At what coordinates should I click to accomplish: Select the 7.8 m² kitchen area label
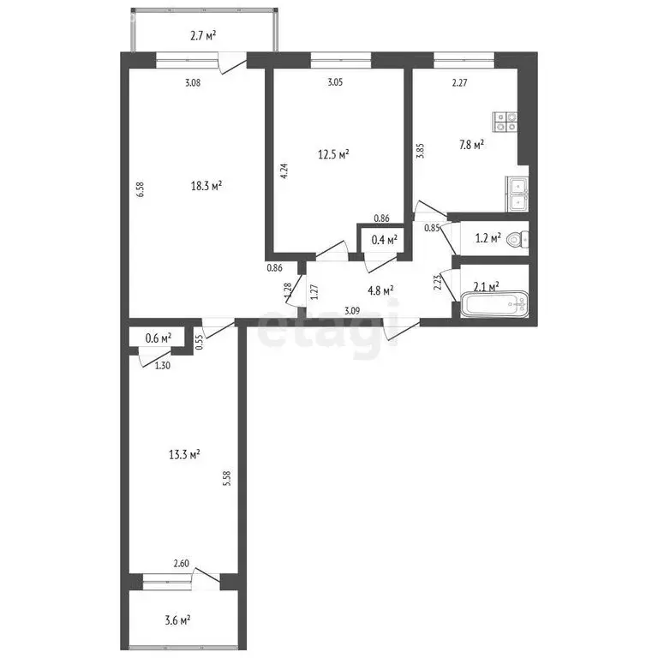click(x=470, y=145)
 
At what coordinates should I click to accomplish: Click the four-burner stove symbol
click(x=504, y=122)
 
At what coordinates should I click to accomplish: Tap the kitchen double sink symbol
click(x=517, y=193)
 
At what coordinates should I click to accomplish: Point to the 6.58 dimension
click(x=141, y=188)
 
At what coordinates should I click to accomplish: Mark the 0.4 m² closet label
click(x=383, y=241)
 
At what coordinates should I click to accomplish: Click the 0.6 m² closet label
click(x=158, y=338)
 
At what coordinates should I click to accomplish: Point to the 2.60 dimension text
click(x=181, y=564)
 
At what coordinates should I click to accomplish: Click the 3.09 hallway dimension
click(x=352, y=311)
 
